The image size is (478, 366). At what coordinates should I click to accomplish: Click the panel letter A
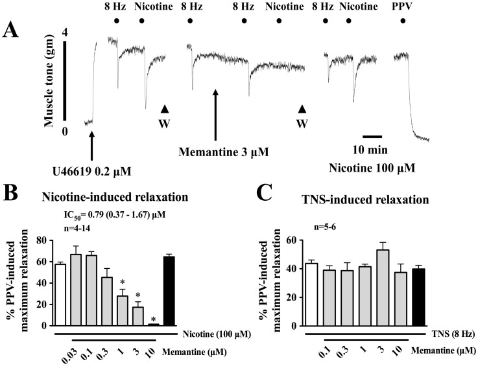(14, 29)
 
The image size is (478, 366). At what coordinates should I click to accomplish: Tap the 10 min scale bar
(372, 137)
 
